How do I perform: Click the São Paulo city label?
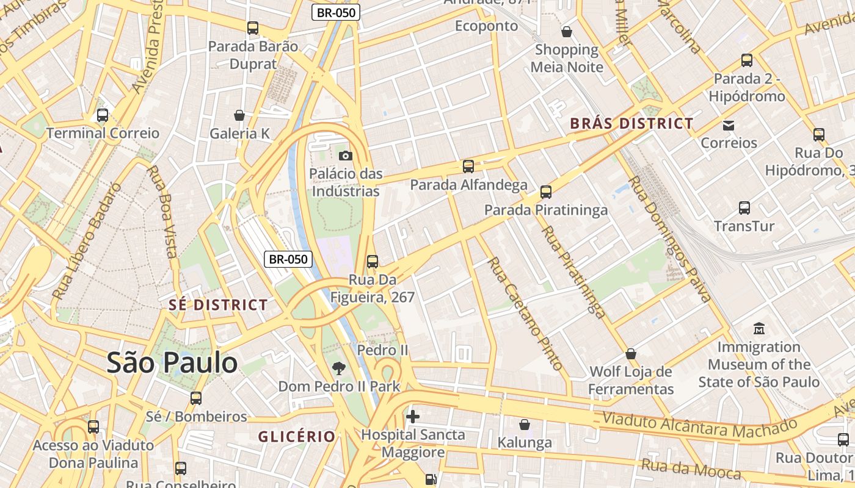(x=172, y=363)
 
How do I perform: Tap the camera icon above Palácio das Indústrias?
(x=345, y=156)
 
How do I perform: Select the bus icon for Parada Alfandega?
(x=468, y=166)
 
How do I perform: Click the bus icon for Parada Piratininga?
(x=546, y=192)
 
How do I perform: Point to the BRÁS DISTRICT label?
(x=631, y=123)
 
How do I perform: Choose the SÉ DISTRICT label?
(x=218, y=305)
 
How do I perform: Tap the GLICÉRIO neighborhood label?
(x=297, y=437)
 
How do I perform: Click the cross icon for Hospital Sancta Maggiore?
(x=413, y=417)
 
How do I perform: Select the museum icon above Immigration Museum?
(x=759, y=329)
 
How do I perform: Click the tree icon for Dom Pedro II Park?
(x=339, y=368)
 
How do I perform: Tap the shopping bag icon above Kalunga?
(x=524, y=424)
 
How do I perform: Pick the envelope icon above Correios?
(x=729, y=125)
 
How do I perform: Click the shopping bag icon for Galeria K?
(x=239, y=115)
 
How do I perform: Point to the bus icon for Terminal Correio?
(x=103, y=115)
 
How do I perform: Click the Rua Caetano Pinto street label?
(x=525, y=314)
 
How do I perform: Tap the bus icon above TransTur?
(x=744, y=208)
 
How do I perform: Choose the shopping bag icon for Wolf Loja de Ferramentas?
(x=631, y=354)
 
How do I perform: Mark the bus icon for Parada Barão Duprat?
(x=253, y=28)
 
